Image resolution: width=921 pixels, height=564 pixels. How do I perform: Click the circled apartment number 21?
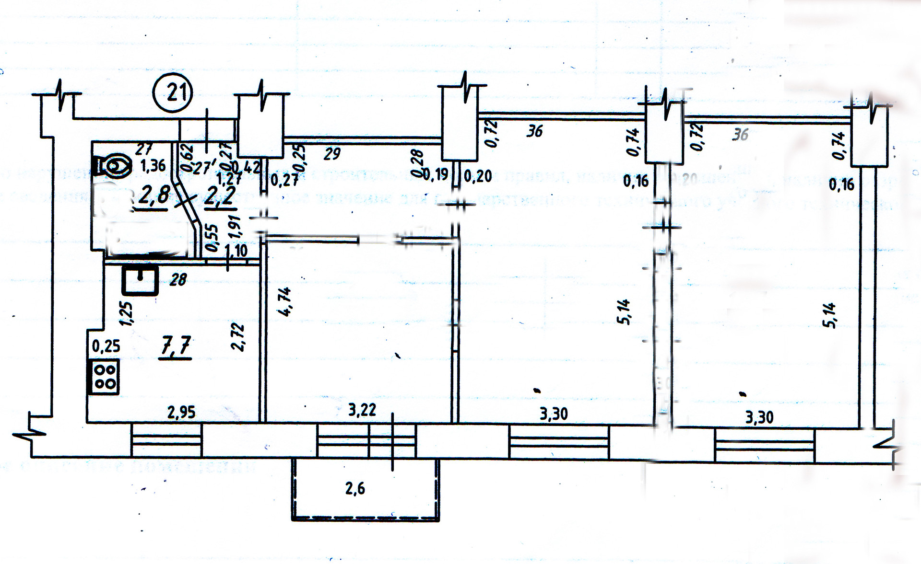point(173,92)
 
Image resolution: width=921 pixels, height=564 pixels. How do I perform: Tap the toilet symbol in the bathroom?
point(114,166)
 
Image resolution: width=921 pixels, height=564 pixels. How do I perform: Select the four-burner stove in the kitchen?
point(103,377)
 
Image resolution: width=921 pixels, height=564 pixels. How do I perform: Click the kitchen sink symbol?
point(140,280)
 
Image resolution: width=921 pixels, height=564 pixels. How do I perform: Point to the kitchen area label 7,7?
point(176,345)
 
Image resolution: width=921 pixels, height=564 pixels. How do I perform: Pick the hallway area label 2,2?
point(219,197)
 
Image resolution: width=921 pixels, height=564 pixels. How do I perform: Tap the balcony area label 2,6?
point(355,488)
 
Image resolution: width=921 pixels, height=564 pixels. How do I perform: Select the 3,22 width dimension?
point(362,410)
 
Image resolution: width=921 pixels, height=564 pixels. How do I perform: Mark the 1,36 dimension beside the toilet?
point(153,166)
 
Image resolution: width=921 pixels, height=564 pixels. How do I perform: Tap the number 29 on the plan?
point(332,154)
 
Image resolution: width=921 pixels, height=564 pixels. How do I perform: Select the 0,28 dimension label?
point(417,163)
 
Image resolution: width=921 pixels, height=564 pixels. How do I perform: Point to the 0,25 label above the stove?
point(106,346)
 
